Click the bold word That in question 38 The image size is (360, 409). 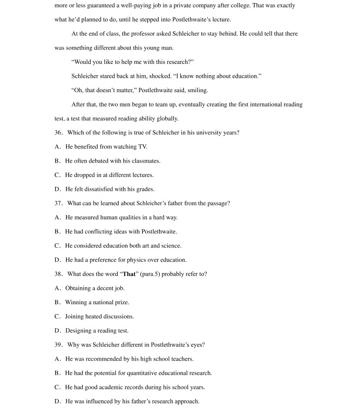tap(129, 274)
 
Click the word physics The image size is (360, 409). tap(137, 260)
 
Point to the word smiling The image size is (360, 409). tap(198, 90)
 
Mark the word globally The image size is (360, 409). tap(167, 119)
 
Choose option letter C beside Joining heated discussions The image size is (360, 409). tap(57, 317)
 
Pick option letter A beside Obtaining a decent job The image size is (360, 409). tap(57, 288)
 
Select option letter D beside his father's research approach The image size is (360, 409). tap(57, 402)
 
